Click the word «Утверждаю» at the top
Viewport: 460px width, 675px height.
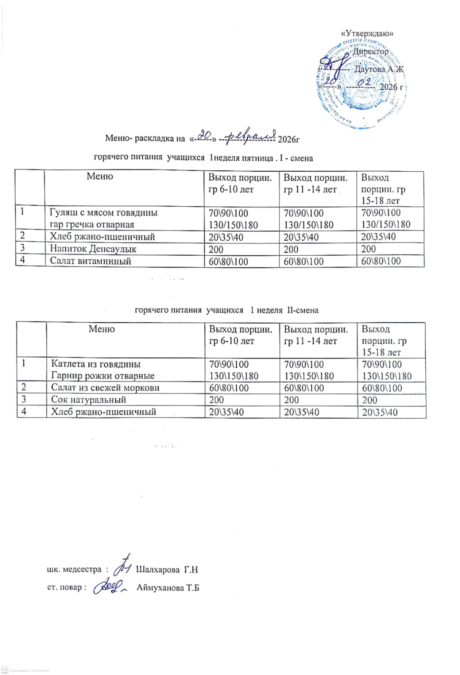click(x=367, y=33)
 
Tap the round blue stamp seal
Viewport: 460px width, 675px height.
click(x=361, y=84)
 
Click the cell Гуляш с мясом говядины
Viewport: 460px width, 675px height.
click(x=103, y=213)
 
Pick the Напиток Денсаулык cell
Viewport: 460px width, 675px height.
click(x=93, y=249)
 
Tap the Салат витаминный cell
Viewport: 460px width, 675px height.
click(x=90, y=261)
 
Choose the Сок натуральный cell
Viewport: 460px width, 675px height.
click(x=89, y=400)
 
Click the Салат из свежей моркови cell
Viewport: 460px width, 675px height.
click(x=105, y=388)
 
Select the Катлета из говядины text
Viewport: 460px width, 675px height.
click(x=96, y=364)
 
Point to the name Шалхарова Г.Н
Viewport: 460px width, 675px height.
click(x=167, y=570)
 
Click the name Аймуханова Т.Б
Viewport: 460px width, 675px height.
click(x=168, y=588)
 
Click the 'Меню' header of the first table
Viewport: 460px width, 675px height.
click(x=100, y=176)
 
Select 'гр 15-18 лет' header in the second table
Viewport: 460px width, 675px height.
click(x=384, y=341)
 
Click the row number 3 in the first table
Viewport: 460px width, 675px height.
click(x=22, y=248)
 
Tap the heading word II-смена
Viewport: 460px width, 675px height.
click(x=303, y=310)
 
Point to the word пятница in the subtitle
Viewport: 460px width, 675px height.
click(x=257, y=158)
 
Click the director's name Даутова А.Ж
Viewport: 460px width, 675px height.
click(x=379, y=69)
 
